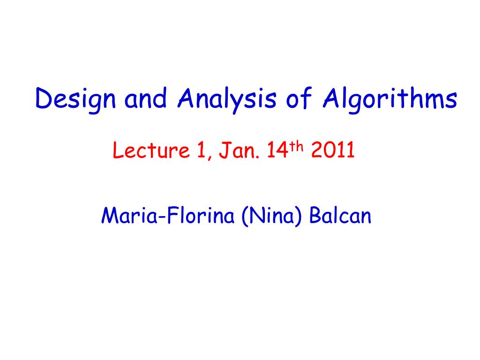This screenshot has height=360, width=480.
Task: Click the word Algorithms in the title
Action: pos(389,99)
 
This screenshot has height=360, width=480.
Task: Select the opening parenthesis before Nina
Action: pos(245,217)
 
